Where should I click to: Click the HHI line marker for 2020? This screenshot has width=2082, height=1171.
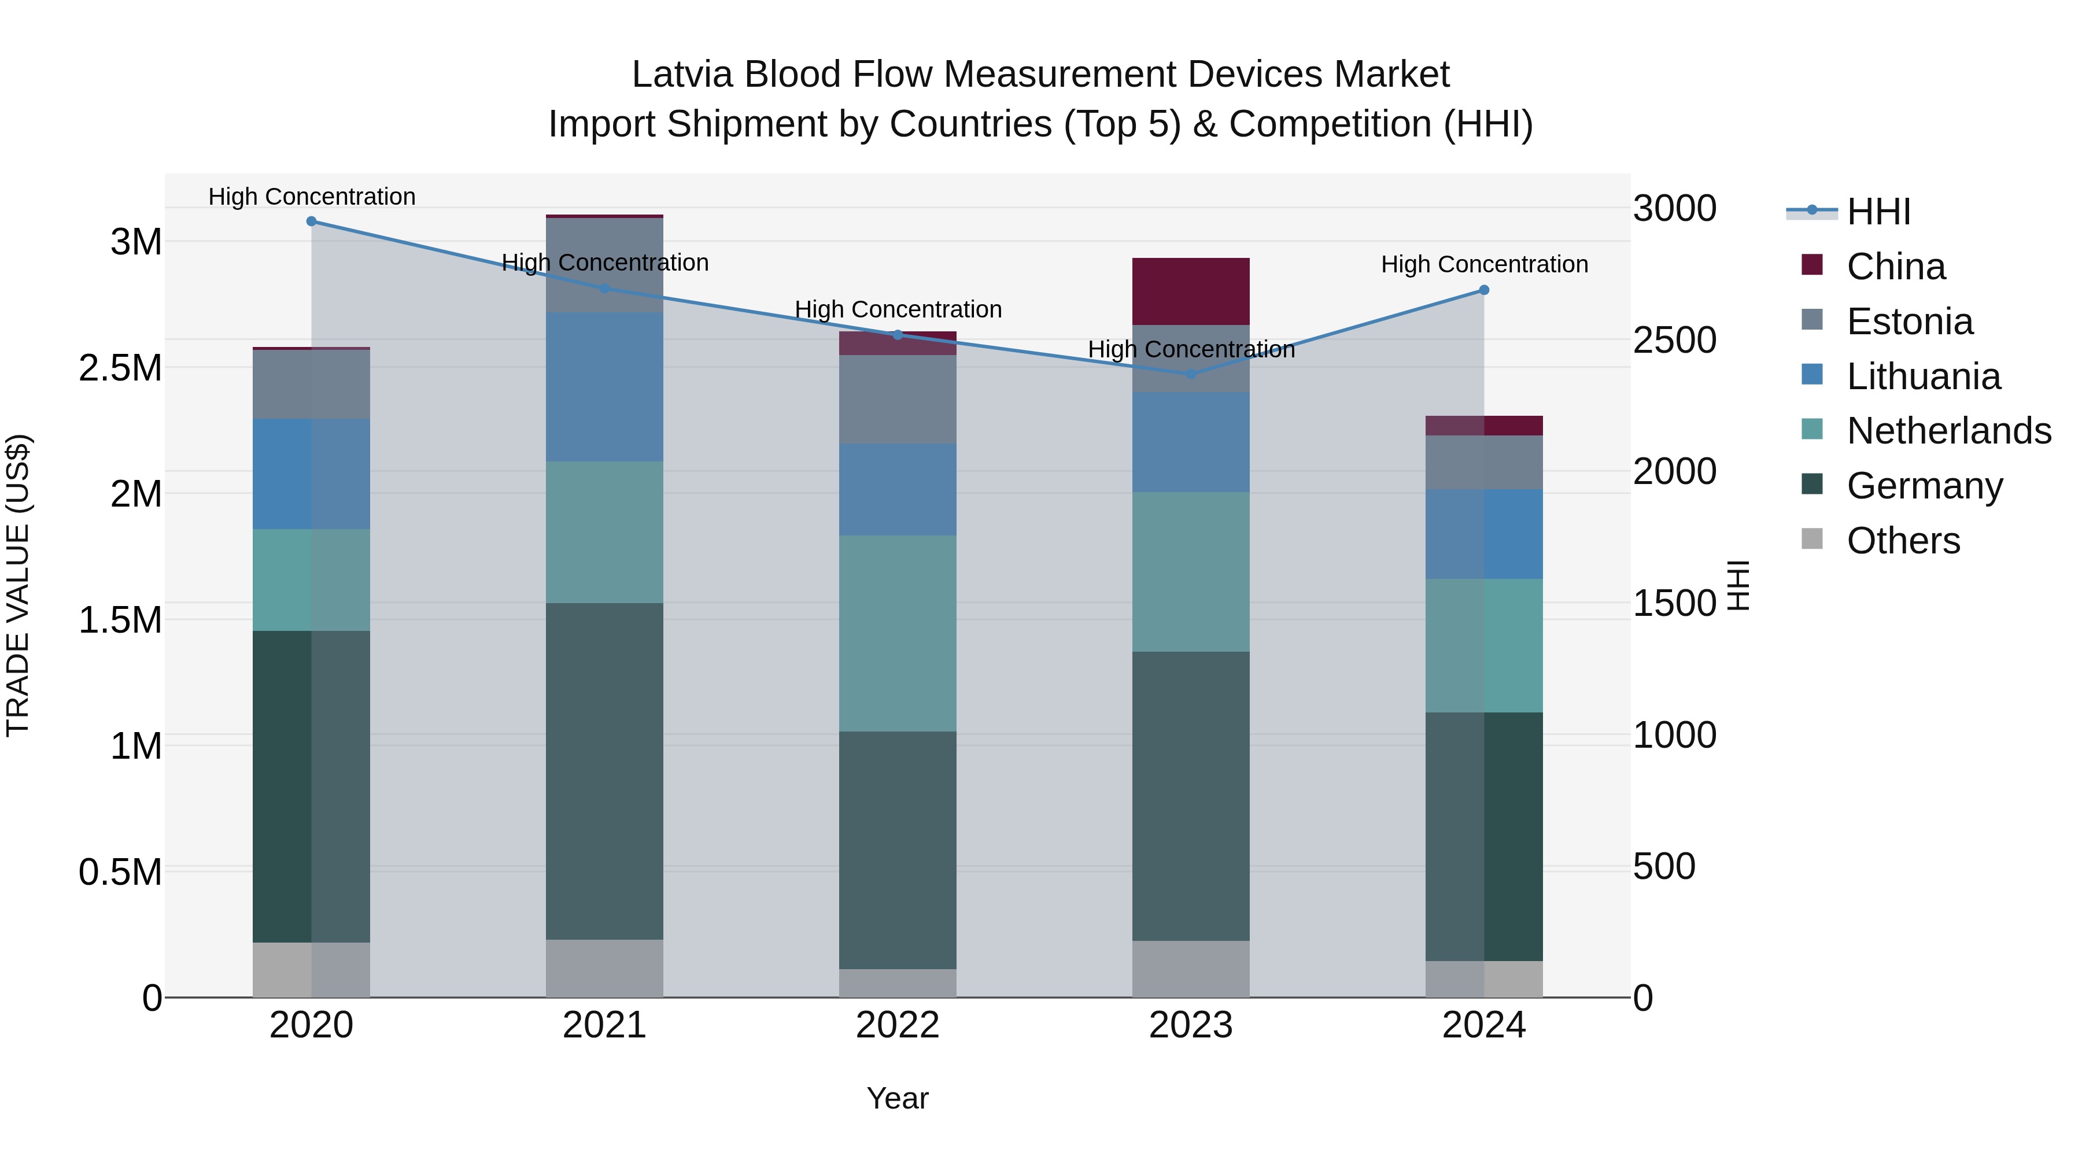[x=311, y=221]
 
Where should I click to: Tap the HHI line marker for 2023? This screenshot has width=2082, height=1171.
[x=1191, y=374]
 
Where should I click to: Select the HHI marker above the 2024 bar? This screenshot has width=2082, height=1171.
[x=1484, y=290]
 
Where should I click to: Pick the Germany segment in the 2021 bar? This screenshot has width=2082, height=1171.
[x=604, y=771]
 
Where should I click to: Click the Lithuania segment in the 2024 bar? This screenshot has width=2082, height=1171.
[x=1484, y=534]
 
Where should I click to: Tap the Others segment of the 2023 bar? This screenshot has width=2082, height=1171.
[x=1191, y=969]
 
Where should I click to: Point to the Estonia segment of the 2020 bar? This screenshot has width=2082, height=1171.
[x=311, y=385]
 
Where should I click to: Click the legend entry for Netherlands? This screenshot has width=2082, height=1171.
[x=1948, y=431]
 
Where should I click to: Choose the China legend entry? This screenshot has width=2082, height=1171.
[x=1895, y=267]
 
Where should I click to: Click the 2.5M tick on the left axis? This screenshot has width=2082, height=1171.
[x=120, y=368]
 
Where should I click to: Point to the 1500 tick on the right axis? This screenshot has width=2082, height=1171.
[x=1674, y=604]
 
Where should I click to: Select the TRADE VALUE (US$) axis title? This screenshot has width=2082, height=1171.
[x=18, y=586]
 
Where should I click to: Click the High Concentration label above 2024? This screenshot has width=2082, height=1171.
[x=1484, y=264]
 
